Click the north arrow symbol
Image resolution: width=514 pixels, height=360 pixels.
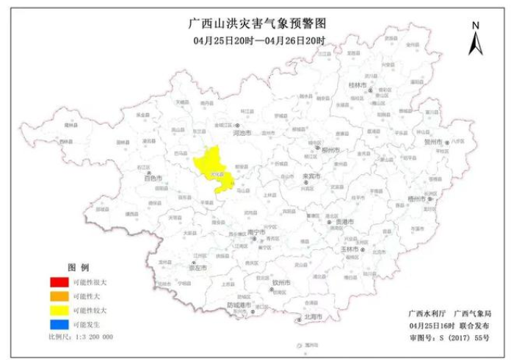(475, 39)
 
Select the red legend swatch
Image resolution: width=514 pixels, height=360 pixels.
(59, 281)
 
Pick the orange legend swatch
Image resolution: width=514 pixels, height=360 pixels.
(59, 295)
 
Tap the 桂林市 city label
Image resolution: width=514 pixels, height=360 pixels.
(358, 85)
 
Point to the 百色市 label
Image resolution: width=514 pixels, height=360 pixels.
(153, 178)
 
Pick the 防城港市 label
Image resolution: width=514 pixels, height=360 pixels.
(239, 304)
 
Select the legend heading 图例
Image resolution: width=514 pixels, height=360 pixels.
(78, 267)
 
